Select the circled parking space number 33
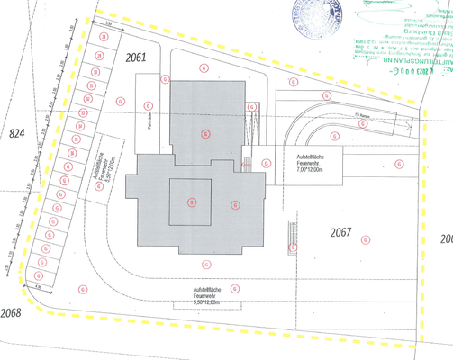pyautogui.click(x=82, y=112)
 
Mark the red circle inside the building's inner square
pyautogui.click(x=191, y=202)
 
